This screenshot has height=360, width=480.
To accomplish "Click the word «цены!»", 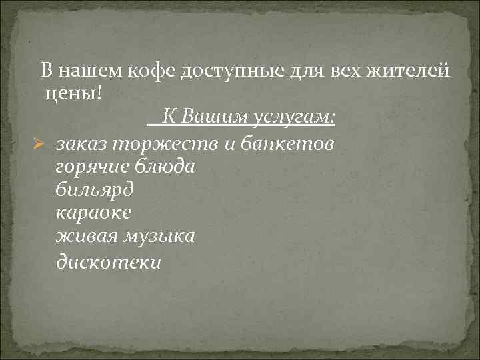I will (74, 93).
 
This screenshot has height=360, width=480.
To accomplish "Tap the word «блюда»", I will (167, 167).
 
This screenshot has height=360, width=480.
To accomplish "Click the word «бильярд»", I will (95, 190).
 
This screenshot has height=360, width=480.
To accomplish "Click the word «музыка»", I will (157, 237).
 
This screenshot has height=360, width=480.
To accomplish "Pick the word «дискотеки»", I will (109, 262).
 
